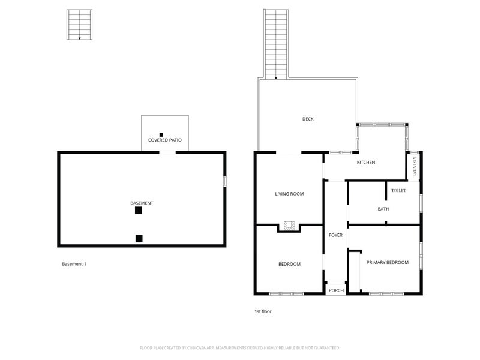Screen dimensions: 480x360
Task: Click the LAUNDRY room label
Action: [x=415, y=167]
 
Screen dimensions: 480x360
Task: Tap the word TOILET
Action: [x=398, y=190]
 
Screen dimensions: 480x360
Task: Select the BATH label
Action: [x=383, y=209]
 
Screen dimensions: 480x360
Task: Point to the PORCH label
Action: [x=336, y=290]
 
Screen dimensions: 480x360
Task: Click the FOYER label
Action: [x=335, y=235]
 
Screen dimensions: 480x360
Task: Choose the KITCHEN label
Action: [x=366, y=162]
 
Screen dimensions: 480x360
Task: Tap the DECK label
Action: [x=308, y=119]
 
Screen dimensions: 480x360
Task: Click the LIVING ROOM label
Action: [x=289, y=193]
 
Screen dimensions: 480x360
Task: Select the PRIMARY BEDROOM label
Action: [x=388, y=262]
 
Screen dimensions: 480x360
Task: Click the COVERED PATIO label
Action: [x=164, y=140]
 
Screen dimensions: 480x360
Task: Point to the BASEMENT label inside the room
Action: [x=142, y=203]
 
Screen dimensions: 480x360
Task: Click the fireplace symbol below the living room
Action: [x=289, y=226]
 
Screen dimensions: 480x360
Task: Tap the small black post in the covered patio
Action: [x=161, y=134]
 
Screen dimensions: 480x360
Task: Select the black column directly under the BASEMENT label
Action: [x=139, y=211]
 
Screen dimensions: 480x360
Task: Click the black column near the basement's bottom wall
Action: [x=139, y=238]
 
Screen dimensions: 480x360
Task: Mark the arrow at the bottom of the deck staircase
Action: [x=276, y=78]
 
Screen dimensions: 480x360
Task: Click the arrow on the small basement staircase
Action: [x=80, y=38]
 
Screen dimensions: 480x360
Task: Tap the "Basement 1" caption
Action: [x=74, y=264]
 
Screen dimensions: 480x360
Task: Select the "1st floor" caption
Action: [x=263, y=311]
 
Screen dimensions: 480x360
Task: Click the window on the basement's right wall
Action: [x=225, y=181]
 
